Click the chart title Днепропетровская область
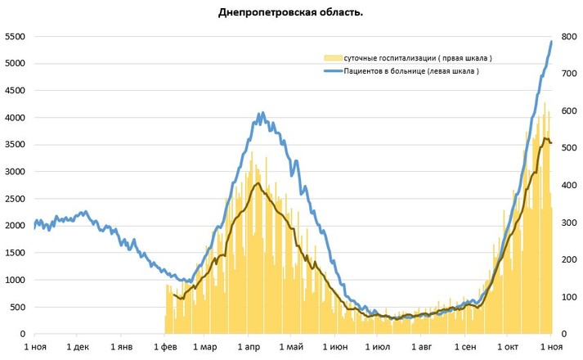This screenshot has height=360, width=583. coord(291,12)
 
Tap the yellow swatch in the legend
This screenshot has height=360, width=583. coord(330,58)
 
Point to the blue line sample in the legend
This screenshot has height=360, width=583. coord(330,72)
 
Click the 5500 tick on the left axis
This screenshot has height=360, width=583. coord(15,37)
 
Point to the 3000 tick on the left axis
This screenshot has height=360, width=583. coord(15,173)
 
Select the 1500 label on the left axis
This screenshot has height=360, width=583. coord(15,254)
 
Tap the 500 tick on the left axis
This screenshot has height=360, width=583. coord(17,308)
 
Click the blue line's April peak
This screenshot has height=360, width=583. coord(261,114)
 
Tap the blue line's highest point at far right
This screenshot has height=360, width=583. coord(551,41)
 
